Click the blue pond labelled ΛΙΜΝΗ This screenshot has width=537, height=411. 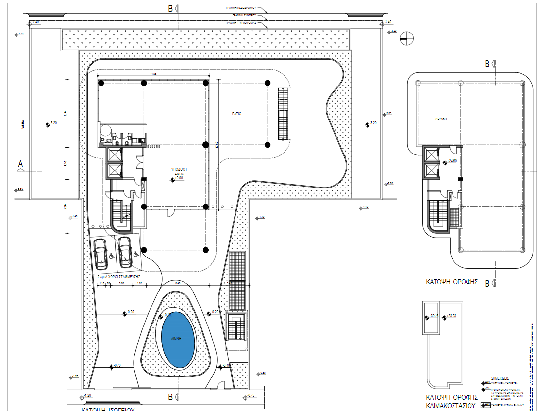(x=178, y=340)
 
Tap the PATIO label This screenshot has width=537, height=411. (x=236, y=113)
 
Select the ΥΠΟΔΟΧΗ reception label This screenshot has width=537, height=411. (x=179, y=169)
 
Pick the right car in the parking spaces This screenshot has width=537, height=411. (x=125, y=251)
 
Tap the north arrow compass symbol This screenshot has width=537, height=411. (x=406, y=38)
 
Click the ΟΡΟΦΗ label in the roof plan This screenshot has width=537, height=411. (x=441, y=118)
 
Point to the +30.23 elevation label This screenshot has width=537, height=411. (x=433, y=316)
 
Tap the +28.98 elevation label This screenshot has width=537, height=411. (x=452, y=316)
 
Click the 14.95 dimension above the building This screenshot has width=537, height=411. (x=153, y=73)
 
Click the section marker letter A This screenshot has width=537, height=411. (x=20, y=164)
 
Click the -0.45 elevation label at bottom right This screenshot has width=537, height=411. (x=250, y=396)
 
